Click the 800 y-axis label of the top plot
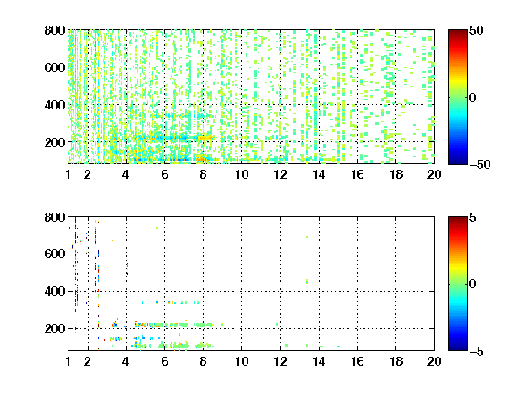click(55, 30)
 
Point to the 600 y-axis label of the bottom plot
click(55, 254)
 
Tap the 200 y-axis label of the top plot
click(55, 142)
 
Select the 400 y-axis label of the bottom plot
click(55, 291)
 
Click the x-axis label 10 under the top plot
click(241, 174)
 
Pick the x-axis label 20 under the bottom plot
click(434, 361)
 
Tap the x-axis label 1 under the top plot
click(68, 174)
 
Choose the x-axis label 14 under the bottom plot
click(319, 361)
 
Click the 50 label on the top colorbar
click(476, 30)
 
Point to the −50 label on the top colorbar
click(480, 164)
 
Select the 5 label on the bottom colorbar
click(473, 217)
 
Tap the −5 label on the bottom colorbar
click(477, 351)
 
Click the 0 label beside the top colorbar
click(473, 98)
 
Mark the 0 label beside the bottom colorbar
click(473, 285)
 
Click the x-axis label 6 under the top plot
click(164, 174)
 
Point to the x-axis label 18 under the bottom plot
click(395, 361)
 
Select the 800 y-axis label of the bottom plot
click(55, 217)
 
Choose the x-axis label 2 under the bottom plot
click(88, 361)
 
